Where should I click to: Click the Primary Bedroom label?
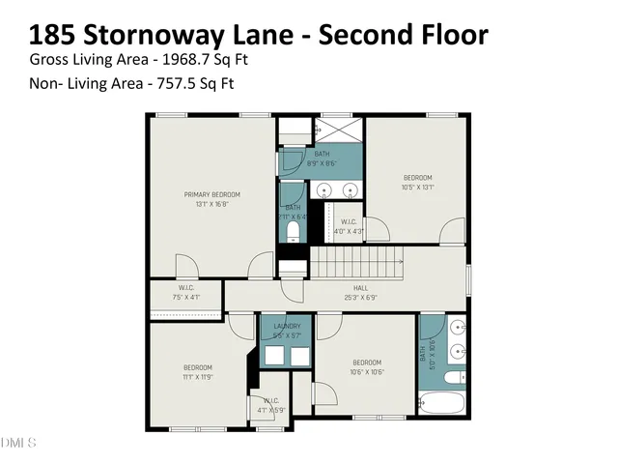pyautogui.click(x=211, y=194)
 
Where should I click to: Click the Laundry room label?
pyautogui.click(x=287, y=327)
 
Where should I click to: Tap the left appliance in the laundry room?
pyautogui.click(x=273, y=355)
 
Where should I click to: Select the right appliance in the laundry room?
pyautogui.click(x=300, y=355)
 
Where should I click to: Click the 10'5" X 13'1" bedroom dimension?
pyautogui.click(x=417, y=188)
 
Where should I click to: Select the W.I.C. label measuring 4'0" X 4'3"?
pyautogui.click(x=350, y=231)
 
